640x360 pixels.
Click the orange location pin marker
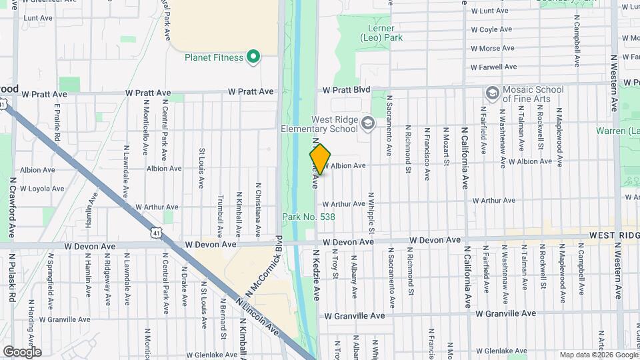coord(320,159)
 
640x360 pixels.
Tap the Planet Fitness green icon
coord(253,57)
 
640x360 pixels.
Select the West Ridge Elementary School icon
coord(367,123)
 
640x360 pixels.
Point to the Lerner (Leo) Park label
coord(382,33)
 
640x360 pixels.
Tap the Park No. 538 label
coord(309,217)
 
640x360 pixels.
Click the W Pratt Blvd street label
coord(347,89)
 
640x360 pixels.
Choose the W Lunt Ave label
coord(490,11)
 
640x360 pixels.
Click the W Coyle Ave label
coord(491,29)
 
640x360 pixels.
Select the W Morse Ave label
coord(493,49)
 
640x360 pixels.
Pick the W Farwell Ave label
coord(494,67)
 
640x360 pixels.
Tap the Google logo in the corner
coord(22,351)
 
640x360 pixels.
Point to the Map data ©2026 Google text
coord(598,355)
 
